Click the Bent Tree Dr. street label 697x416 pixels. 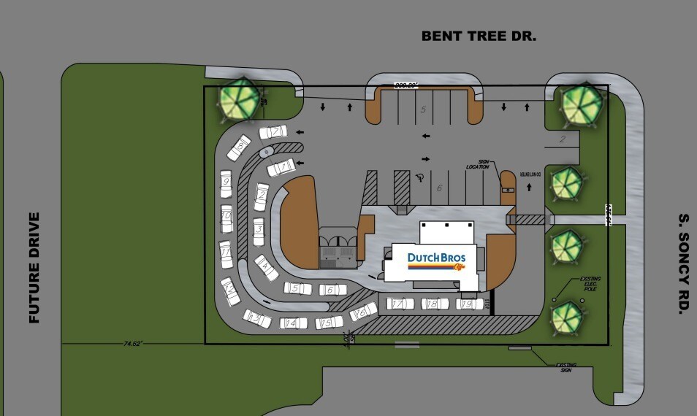pos(479,35)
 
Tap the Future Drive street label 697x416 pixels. pos(34,268)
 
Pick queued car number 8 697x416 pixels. pos(240,148)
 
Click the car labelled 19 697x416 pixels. pos(468,304)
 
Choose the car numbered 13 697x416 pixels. pos(256,318)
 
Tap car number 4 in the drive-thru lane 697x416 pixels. pos(266,268)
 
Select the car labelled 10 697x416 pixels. pos(227,216)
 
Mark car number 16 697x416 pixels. pos(361,313)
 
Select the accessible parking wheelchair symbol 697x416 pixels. pos(420,177)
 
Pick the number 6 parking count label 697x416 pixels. pos(440,188)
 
